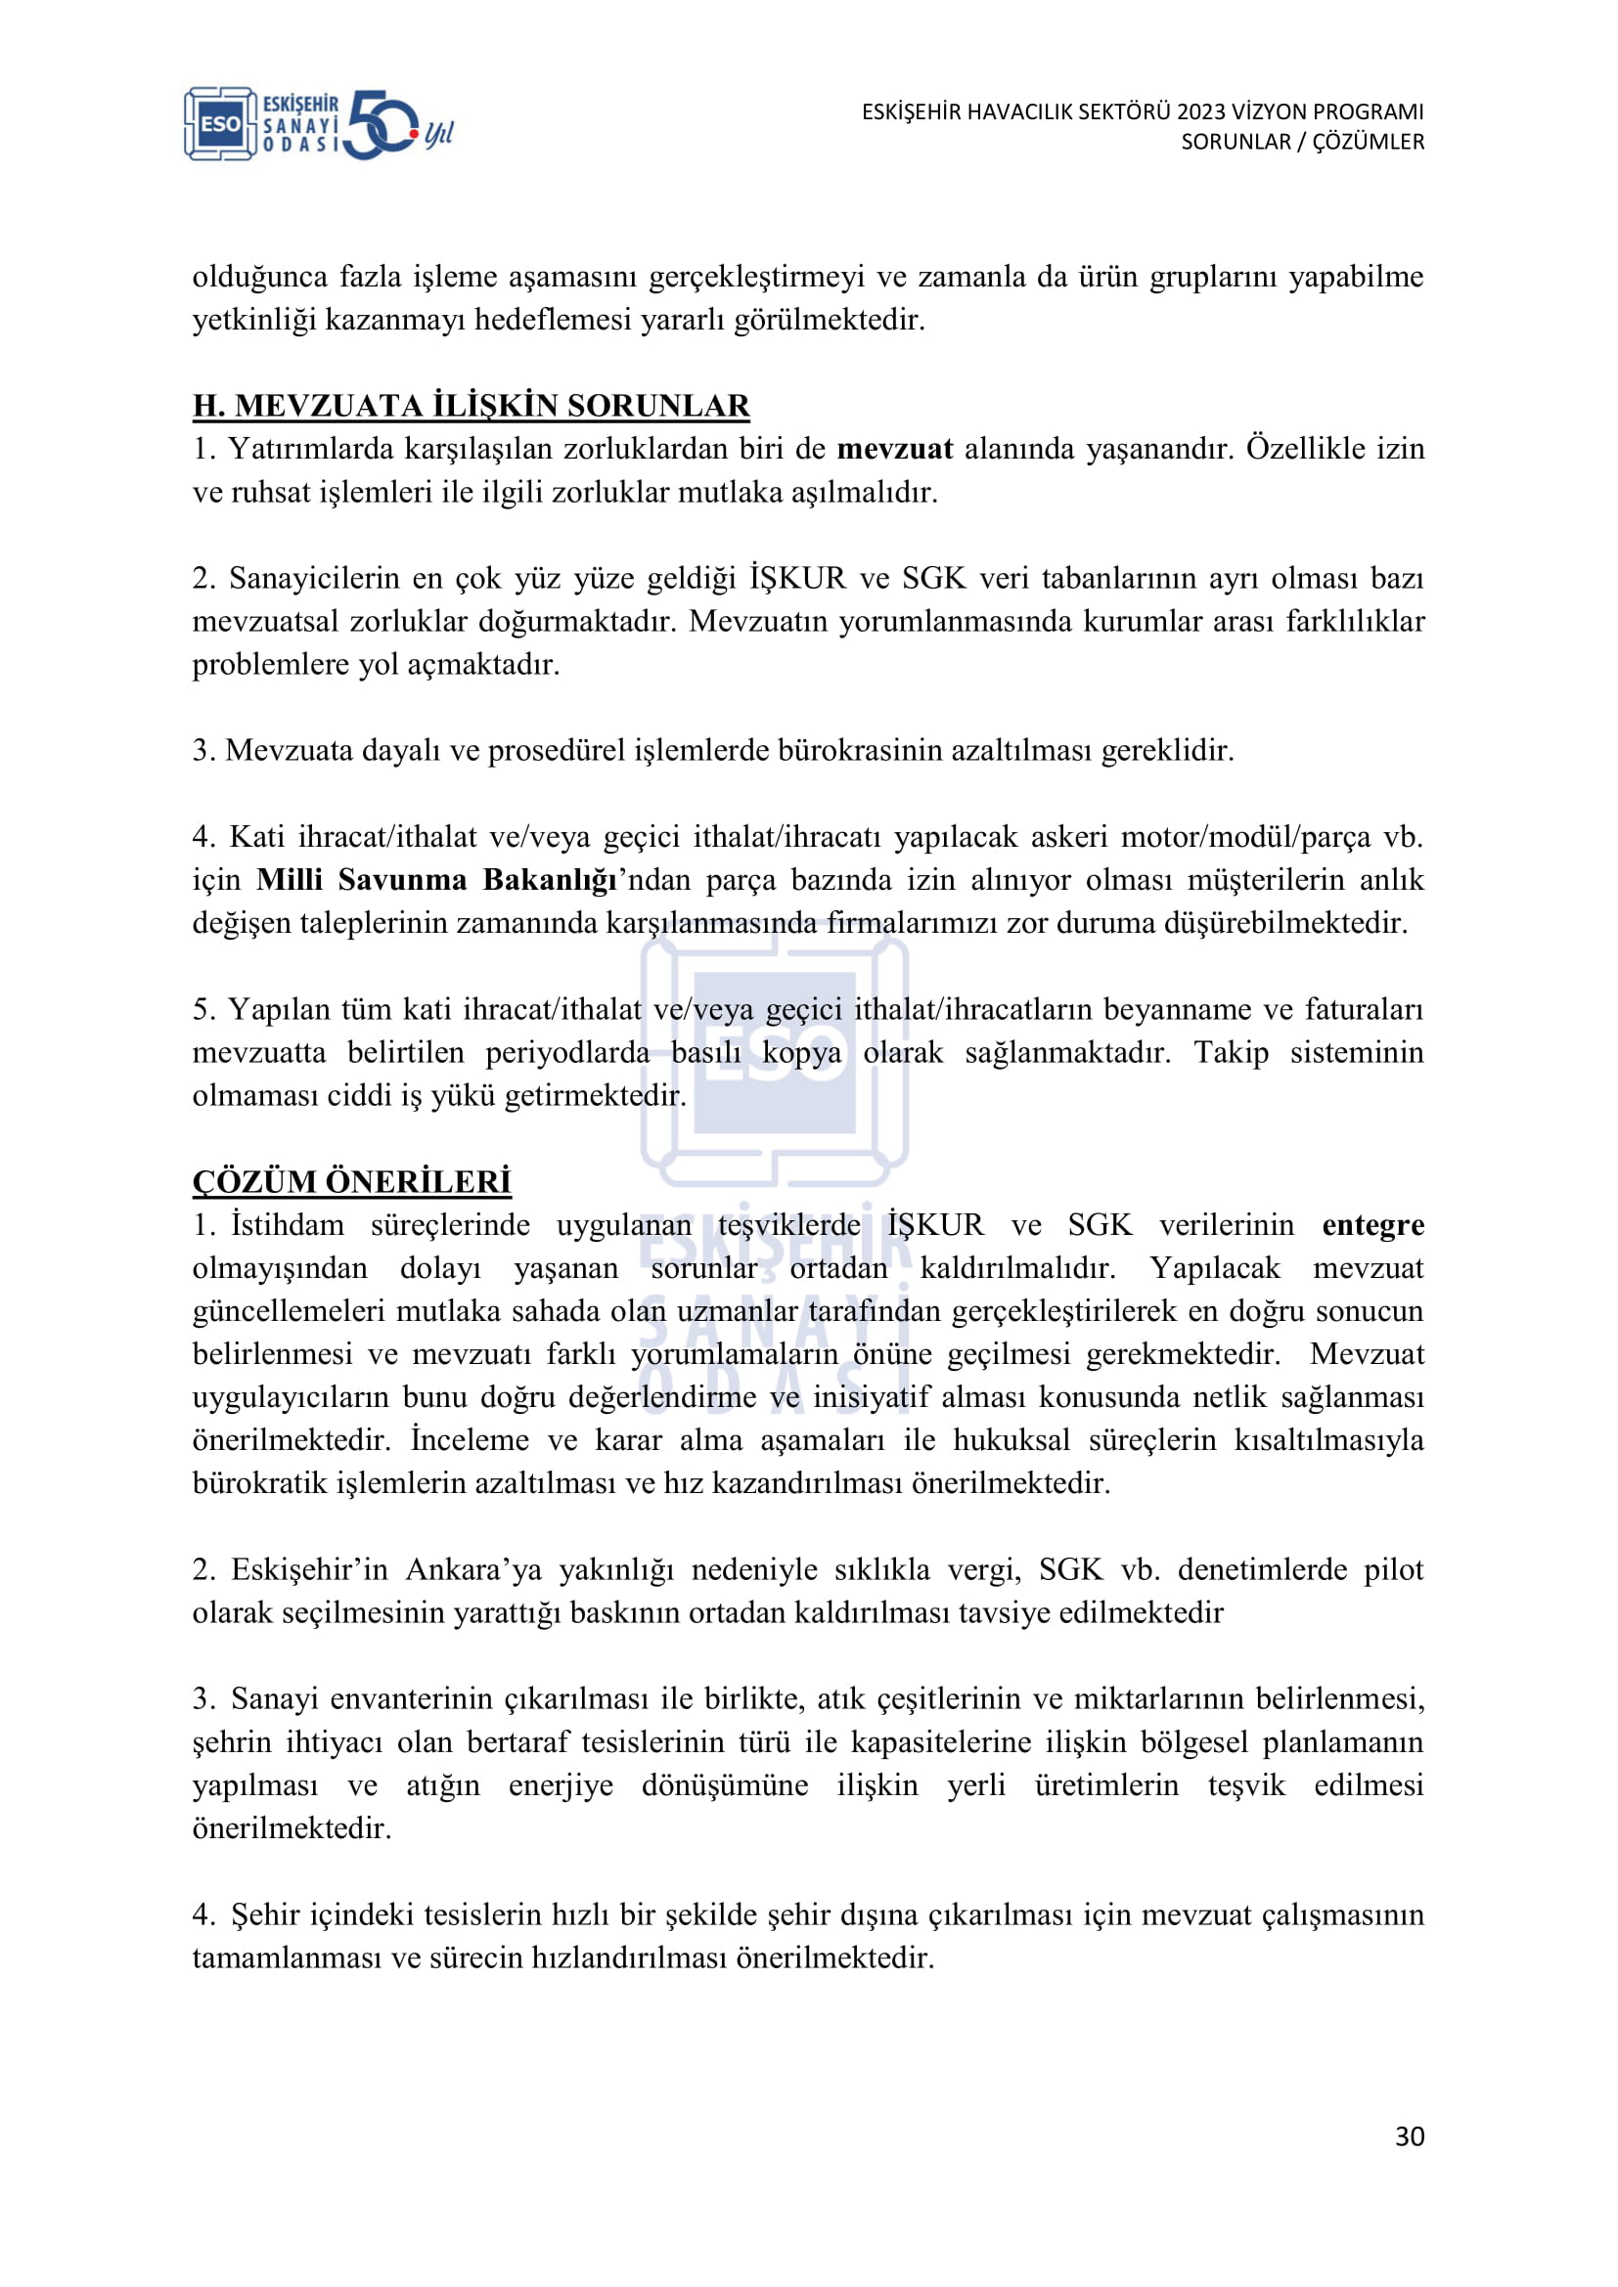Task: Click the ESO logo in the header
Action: click(x=220, y=123)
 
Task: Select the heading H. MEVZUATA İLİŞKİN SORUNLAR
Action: click(x=471, y=406)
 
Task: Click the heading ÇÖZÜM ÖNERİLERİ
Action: click(x=351, y=1181)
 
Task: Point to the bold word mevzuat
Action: click(x=894, y=449)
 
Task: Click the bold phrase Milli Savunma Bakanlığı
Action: click(x=436, y=880)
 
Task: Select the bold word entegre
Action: click(x=1371, y=1225)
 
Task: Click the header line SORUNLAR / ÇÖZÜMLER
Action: click(x=1302, y=142)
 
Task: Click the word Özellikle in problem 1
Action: click(x=1305, y=449)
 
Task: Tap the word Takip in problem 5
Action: click(x=1231, y=1053)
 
